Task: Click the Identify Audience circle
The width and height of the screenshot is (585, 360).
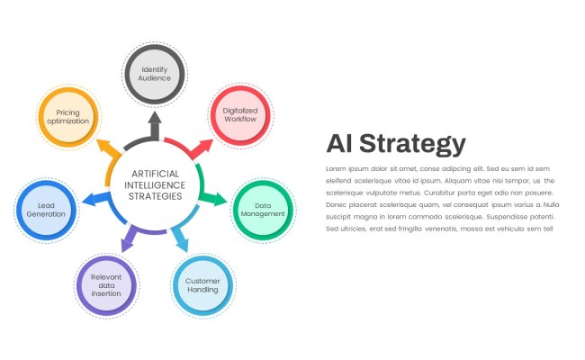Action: point(155,73)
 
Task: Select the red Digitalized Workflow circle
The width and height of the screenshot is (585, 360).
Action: point(240,114)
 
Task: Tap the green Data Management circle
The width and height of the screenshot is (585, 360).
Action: point(263,210)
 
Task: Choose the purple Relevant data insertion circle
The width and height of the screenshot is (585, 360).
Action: point(106,285)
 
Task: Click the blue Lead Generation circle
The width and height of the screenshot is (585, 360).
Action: point(46,210)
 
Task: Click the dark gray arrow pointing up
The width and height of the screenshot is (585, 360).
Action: point(155,123)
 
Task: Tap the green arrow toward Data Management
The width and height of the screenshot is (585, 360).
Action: point(216,199)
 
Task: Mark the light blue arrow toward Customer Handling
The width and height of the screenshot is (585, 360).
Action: point(182,241)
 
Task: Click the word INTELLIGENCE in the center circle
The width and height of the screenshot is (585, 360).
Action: point(155,184)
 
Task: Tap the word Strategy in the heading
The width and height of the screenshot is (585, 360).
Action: point(421,143)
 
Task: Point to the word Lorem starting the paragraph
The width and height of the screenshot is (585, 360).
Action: point(335,169)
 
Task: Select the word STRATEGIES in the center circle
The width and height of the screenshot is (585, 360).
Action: point(155,195)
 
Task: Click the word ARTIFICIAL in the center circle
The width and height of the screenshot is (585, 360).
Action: point(155,174)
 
